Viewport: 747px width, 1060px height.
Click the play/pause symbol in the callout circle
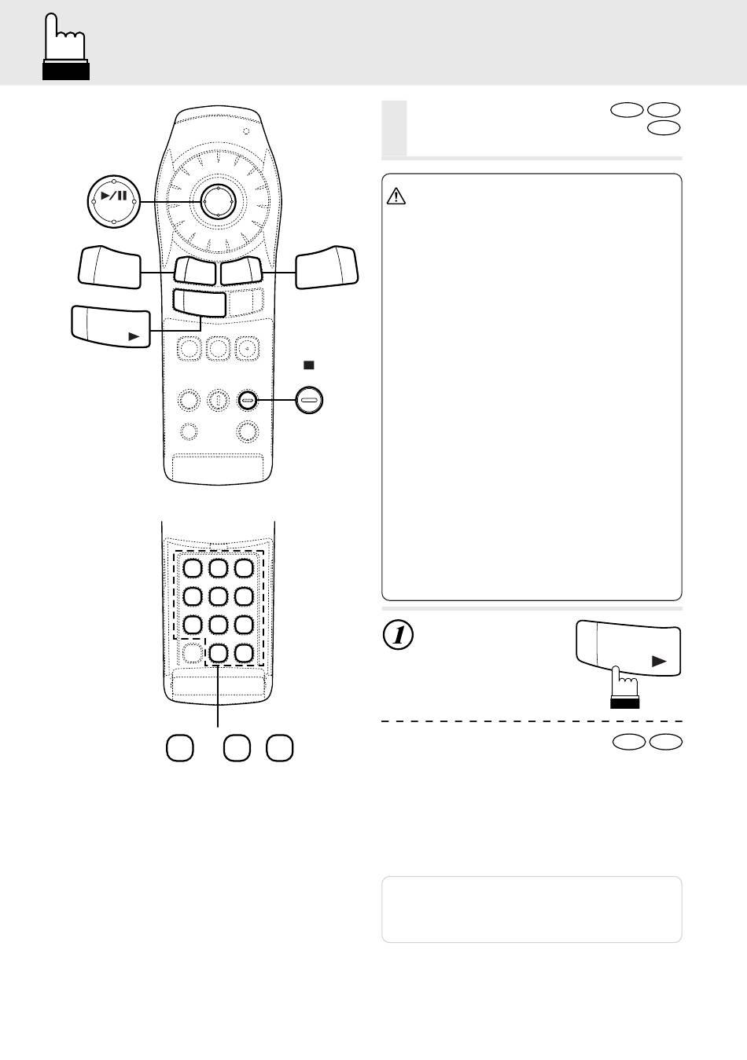(x=114, y=196)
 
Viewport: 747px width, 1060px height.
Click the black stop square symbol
(x=309, y=365)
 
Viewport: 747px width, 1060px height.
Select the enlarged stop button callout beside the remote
(x=310, y=401)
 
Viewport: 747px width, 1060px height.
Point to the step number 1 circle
(x=399, y=635)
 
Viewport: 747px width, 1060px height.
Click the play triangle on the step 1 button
(x=659, y=662)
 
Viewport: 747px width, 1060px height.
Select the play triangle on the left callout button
(x=135, y=336)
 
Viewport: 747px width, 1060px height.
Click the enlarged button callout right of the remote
(x=326, y=266)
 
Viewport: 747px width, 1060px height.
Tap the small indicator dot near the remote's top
(x=246, y=130)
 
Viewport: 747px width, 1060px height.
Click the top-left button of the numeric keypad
(x=193, y=568)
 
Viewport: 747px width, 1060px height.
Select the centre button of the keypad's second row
(x=219, y=596)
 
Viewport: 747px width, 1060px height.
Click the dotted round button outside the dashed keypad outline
(x=191, y=652)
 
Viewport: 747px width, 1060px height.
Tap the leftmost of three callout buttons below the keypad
(x=180, y=747)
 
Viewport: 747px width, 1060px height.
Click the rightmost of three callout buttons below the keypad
(x=279, y=747)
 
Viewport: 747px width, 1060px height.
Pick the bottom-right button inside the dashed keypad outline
(x=245, y=652)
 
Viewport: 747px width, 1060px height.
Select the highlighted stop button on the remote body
(x=248, y=400)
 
